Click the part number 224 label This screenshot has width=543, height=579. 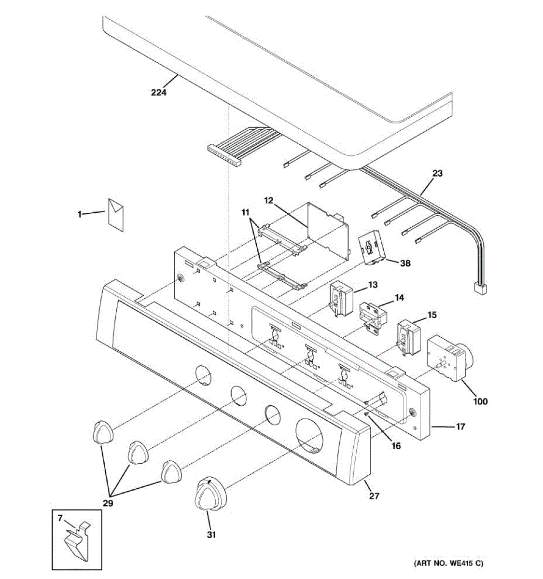[x=158, y=92]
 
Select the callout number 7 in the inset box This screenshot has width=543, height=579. [x=60, y=518]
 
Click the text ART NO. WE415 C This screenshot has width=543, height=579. [x=448, y=563]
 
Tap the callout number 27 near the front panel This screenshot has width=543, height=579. [x=374, y=496]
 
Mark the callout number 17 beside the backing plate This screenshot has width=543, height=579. [x=460, y=427]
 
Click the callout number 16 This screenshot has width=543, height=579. [x=396, y=446]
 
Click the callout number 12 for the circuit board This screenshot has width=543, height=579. [x=268, y=200]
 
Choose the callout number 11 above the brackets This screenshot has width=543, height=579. [x=246, y=212]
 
